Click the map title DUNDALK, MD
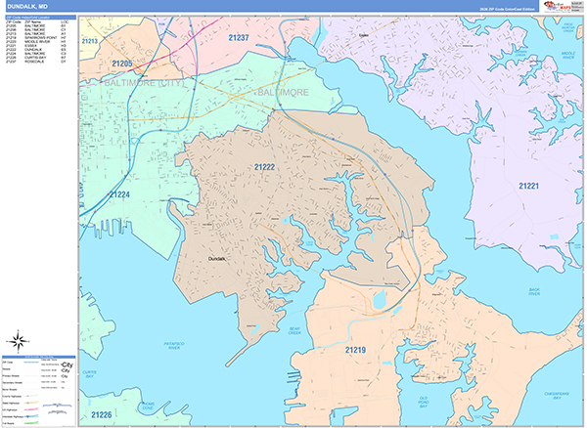(x=28, y=6)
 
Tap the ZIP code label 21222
(x=264, y=168)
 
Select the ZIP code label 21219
(x=355, y=348)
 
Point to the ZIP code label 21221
(x=529, y=186)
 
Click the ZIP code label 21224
(x=118, y=194)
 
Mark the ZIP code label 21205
(x=122, y=64)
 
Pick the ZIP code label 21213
(x=90, y=41)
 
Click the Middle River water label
(x=568, y=57)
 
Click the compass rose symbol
(x=17, y=342)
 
